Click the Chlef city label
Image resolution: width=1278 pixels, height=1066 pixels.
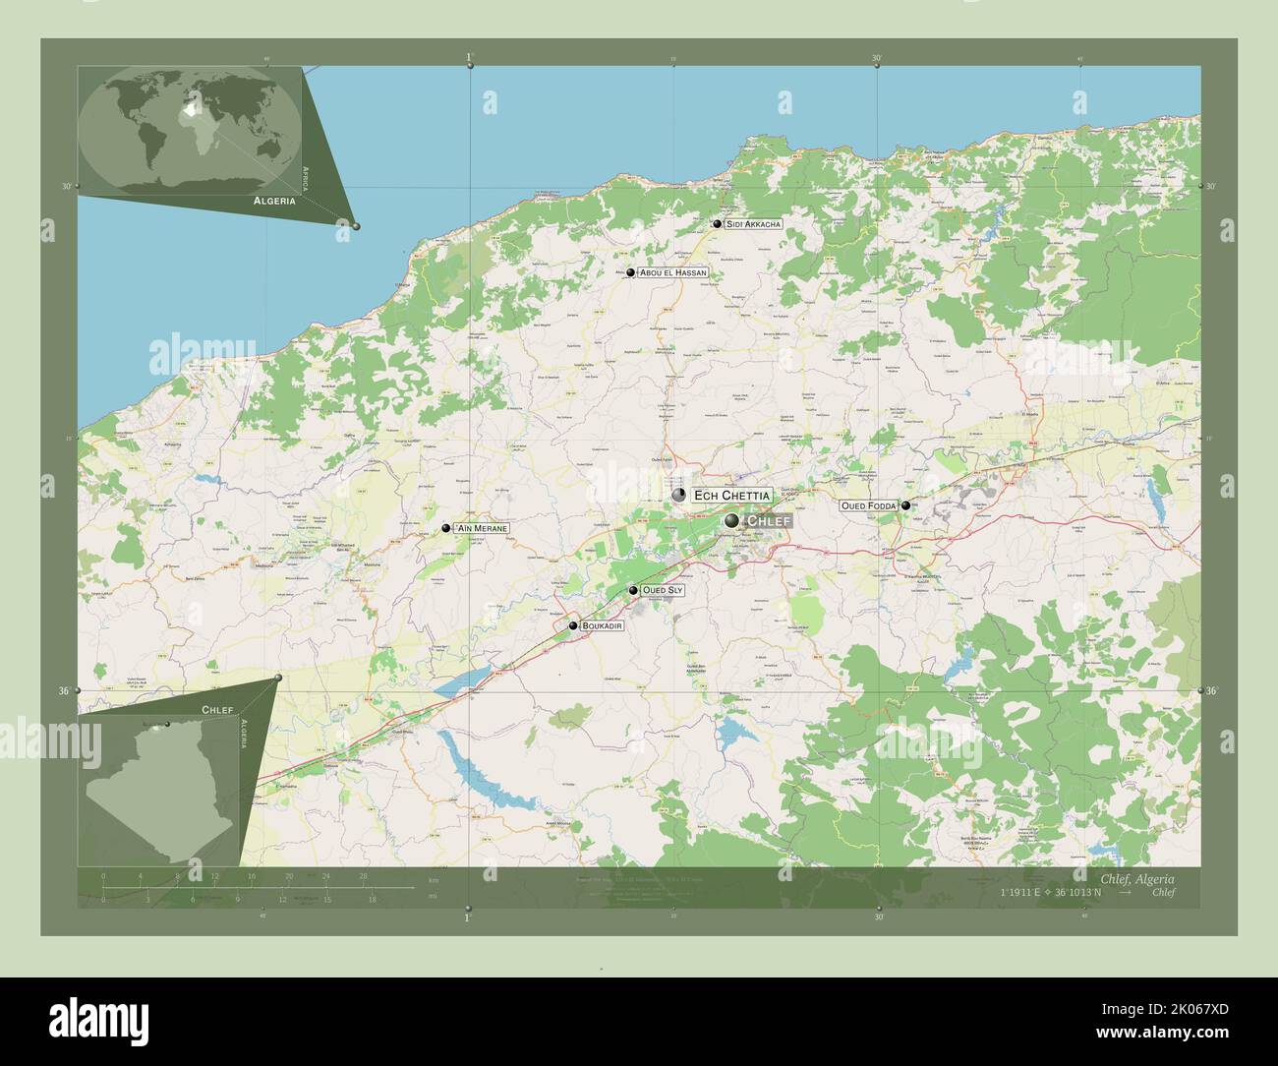(768, 520)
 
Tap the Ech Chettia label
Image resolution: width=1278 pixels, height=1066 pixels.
(731, 495)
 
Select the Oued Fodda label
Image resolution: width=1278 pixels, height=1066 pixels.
(868, 505)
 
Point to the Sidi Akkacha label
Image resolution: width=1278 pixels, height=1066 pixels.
(753, 224)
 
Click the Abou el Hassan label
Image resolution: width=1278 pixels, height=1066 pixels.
(673, 272)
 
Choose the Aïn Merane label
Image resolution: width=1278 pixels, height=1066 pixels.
(481, 529)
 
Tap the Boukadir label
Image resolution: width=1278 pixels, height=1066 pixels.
(602, 625)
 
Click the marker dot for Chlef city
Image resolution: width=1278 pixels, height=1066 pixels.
(731, 520)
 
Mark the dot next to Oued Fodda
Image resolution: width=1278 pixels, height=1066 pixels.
(905, 505)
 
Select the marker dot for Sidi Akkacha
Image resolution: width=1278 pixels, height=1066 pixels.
(718, 224)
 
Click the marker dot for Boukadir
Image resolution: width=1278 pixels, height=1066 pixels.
(573, 625)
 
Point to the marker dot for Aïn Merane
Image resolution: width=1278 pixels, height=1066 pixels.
(446, 529)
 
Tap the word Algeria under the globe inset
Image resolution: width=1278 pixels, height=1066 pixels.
(274, 200)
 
